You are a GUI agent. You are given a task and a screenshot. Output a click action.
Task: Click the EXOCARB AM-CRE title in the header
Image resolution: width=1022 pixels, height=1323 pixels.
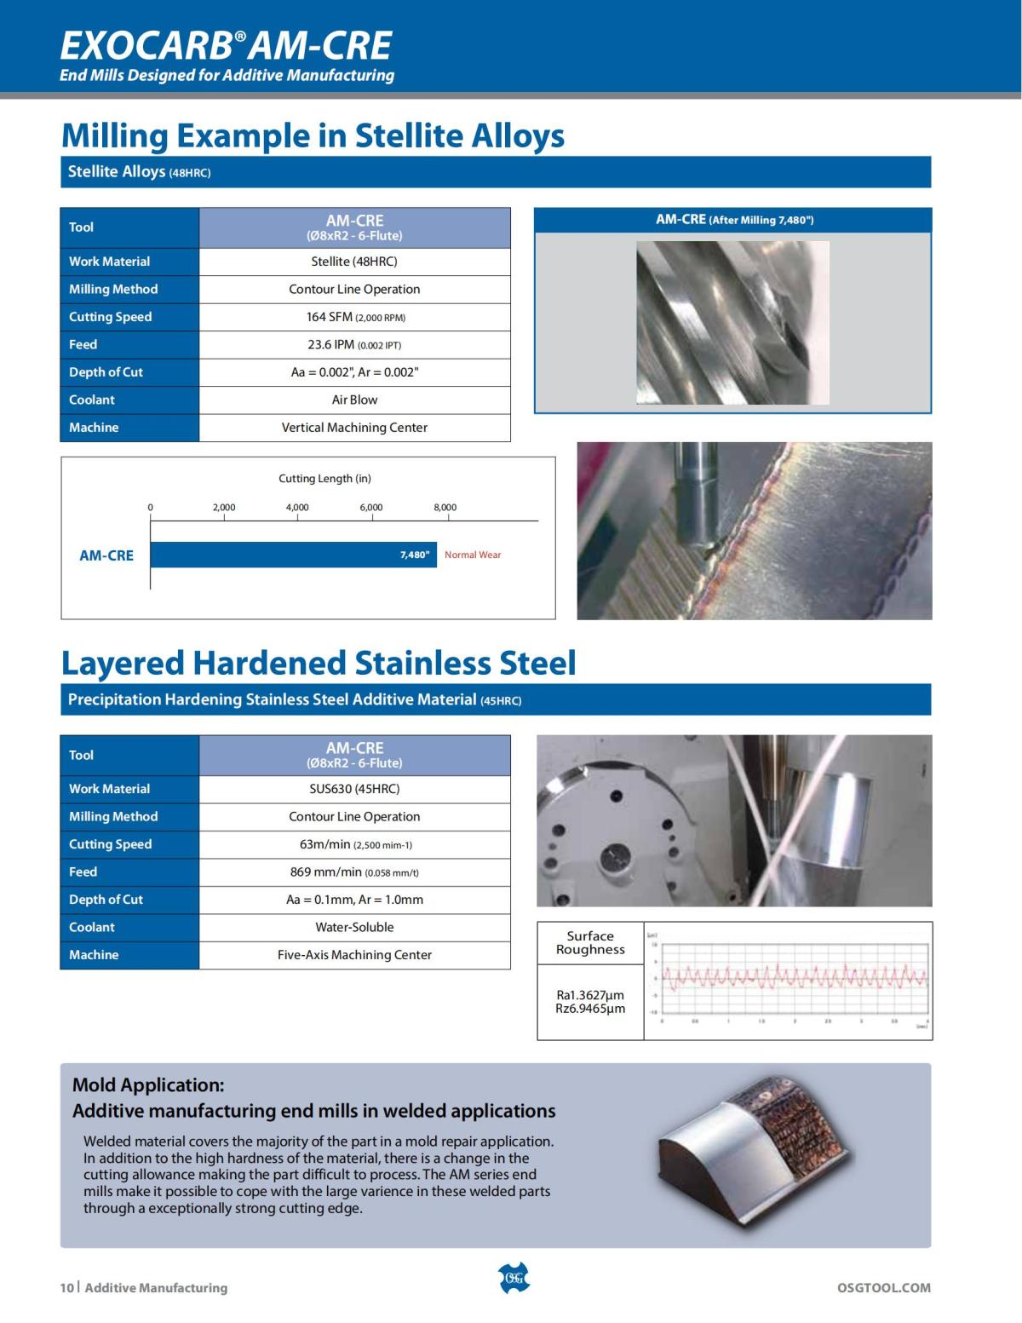click(x=226, y=44)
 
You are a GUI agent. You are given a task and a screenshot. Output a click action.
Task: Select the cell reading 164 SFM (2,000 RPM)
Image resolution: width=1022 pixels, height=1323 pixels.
click(x=354, y=317)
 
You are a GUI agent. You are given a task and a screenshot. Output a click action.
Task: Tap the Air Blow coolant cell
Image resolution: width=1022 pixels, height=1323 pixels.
click(x=354, y=400)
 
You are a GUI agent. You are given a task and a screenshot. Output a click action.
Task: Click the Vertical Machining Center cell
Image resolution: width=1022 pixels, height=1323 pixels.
click(x=354, y=428)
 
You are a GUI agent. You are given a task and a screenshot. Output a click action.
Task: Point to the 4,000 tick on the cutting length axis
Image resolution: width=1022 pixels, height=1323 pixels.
click(x=297, y=508)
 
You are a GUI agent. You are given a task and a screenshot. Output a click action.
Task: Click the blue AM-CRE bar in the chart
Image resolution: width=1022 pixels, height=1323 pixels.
click(x=293, y=555)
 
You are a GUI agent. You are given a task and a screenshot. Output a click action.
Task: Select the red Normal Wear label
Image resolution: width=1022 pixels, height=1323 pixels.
click(x=473, y=555)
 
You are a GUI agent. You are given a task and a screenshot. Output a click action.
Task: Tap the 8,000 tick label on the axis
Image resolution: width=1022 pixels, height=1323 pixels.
click(x=445, y=508)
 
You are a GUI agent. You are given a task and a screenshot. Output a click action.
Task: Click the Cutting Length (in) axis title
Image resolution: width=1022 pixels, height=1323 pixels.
click(x=324, y=479)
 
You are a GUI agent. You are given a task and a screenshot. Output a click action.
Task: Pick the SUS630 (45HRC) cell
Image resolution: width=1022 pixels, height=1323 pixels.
click(x=354, y=789)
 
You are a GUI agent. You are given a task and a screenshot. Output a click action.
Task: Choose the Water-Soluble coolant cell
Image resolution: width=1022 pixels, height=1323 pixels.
click(x=354, y=927)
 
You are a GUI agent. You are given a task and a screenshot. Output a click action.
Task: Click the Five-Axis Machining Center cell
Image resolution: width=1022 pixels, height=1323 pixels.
click(x=354, y=955)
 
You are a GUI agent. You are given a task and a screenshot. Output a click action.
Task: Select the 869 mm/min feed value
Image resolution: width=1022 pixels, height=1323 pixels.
click(x=354, y=871)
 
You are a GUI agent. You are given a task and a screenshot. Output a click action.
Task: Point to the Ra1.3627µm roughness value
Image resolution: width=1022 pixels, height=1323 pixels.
click(x=590, y=995)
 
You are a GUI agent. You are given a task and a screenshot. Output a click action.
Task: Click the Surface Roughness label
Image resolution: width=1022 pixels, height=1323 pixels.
click(x=590, y=942)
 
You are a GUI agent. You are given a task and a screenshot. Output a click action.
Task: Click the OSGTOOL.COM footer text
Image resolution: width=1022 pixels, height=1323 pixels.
click(x=884, y=1288)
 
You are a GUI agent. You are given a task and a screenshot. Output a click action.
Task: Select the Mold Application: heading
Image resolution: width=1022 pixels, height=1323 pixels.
click(x=148, y=1084)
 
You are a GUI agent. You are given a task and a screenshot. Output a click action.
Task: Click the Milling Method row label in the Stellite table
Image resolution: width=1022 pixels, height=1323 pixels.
click(x=113, y=290)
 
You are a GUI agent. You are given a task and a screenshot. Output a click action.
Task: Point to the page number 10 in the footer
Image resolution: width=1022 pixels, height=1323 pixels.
click(x=66, y=1288)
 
